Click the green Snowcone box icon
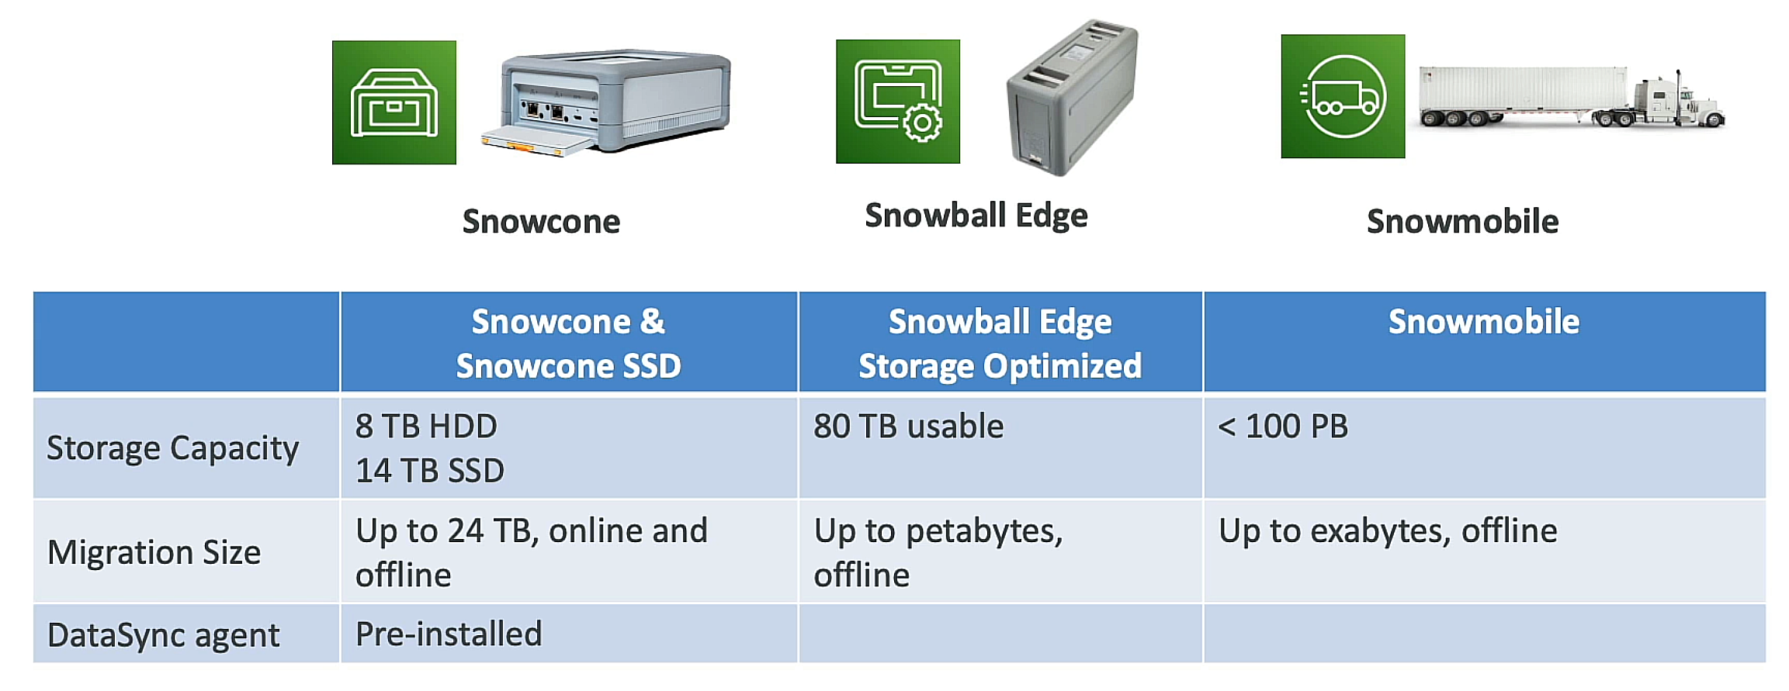(x=394, y=102)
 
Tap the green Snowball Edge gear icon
(x=897, y=102)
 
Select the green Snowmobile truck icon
(x=1343, y=96)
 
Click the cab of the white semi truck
(x=1669, y=102)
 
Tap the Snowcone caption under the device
(x=541, y=222)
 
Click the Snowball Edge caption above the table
(x=976, y=216)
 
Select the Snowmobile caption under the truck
(x=1462, y=222)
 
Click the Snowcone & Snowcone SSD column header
(x=568, y=343)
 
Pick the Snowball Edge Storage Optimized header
(x=1000, y=343)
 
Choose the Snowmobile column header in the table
(x=1483, y=322)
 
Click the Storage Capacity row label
(x=172, y=448)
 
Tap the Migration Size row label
(x=154, y=552)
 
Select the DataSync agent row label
(x=163, y=635)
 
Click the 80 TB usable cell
(x=908, y=427)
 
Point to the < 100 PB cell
(x=1282, y=427)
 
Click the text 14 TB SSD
(x=429, y=471)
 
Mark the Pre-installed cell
(x=449, y=634)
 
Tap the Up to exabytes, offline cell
(x=1388, y=531)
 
